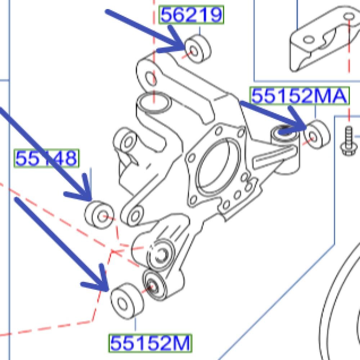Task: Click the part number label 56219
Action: tap(191, 15)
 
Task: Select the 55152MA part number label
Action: tap(300, 96)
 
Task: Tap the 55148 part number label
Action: tap(46, 158)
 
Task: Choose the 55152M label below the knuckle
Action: tap(150, 343)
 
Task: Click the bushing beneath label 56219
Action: tap(198, 49)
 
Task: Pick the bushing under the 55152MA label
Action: tap(317, 134)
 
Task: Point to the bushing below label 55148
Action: tap(99, 215)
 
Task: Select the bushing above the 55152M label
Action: tap(127, 301)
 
